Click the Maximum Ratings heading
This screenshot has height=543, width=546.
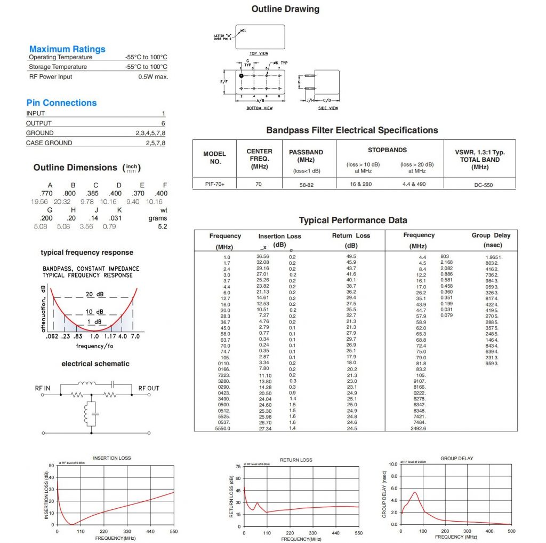(x=67, y=49)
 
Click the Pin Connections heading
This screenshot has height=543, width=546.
(x=61, y=103)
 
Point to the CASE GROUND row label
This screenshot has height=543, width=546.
(x=49, y=143)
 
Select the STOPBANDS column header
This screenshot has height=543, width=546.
(x=387, y=150)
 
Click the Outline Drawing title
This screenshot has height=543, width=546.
(x=285, y=9)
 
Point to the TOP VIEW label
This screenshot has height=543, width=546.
(x=259, y=54)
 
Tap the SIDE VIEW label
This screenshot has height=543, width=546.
(x=328, y=108)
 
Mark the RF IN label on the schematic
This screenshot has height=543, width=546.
(x=43, y=388)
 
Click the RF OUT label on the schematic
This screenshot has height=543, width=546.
(x=149, y=388)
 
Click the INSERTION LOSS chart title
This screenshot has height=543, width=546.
(x=111, y=458)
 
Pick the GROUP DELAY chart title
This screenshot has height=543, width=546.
(x=454, y=458)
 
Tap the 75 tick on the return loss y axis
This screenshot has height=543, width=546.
(x=237, y=466)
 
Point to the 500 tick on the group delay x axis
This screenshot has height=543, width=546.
(x=511, y=531)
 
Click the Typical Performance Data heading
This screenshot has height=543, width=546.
(x=353, y=221)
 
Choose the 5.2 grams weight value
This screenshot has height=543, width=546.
(x=162, y=227)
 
